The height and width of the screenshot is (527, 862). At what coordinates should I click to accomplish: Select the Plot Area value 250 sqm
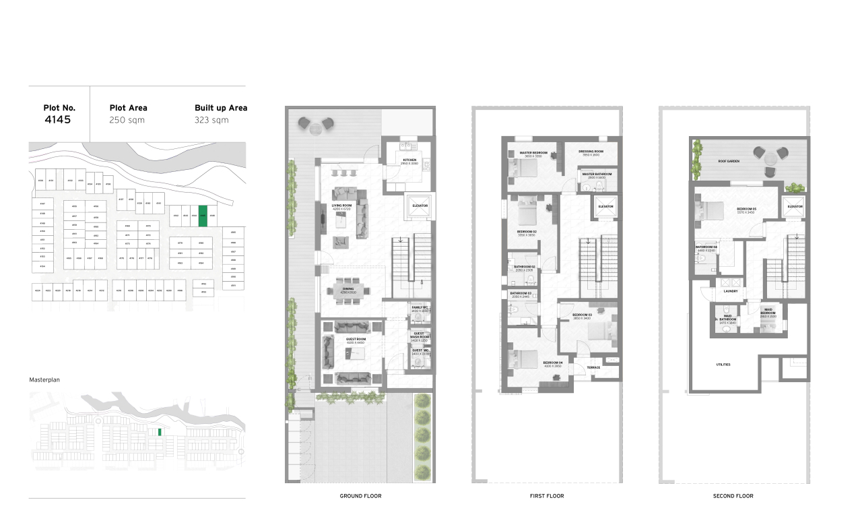(x=127, y=120)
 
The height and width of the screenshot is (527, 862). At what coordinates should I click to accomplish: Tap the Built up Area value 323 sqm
(x=211, y=120)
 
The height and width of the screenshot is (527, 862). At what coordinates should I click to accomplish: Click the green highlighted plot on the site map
(x=203, y=215)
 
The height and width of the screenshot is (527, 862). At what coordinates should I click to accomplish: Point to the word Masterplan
(x=44, y=380)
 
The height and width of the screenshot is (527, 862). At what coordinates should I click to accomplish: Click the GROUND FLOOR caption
(x=360, y=496)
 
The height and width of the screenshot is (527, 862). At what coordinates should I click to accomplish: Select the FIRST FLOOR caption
(x=547, y=496)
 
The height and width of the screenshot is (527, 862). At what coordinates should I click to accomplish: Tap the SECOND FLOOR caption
(x=733, y=496)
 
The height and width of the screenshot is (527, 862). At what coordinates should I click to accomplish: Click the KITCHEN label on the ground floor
(x=409, y=160)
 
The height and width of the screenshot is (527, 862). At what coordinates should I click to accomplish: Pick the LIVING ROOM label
(x=342, y=206)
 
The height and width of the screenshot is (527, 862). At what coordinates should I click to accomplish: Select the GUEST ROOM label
(x=355, y=339)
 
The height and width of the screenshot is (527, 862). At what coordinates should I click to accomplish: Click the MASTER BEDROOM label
(x=533, y=153)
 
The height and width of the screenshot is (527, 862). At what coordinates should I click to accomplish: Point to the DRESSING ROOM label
(x=591, y=152)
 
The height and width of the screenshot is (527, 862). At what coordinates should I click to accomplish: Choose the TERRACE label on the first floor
(x=593, y=367)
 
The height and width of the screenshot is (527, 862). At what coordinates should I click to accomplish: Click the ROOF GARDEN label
(x=729, y=162)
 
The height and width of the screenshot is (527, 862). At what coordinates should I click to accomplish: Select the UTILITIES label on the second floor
(x=723, y=365)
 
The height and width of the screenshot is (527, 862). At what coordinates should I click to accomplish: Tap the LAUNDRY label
(x=731, y=291)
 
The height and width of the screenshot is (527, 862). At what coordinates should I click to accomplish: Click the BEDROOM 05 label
(x=746, y=209)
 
